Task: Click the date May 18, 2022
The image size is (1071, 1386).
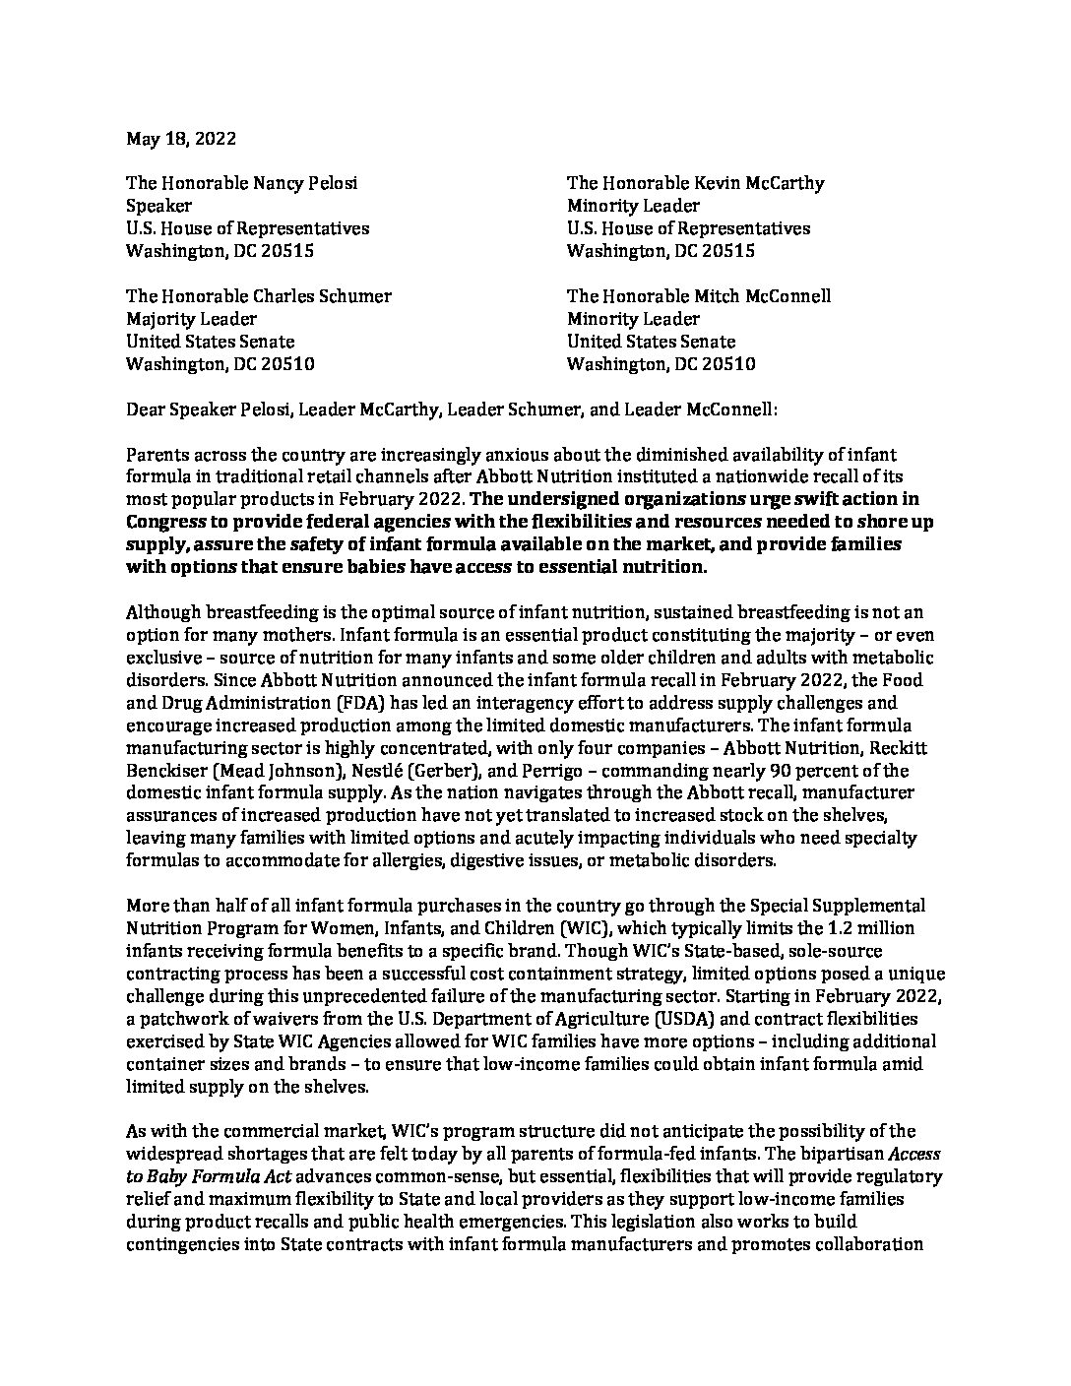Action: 181,139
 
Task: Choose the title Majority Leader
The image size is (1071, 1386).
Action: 191,319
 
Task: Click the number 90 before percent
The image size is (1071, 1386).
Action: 764,771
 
